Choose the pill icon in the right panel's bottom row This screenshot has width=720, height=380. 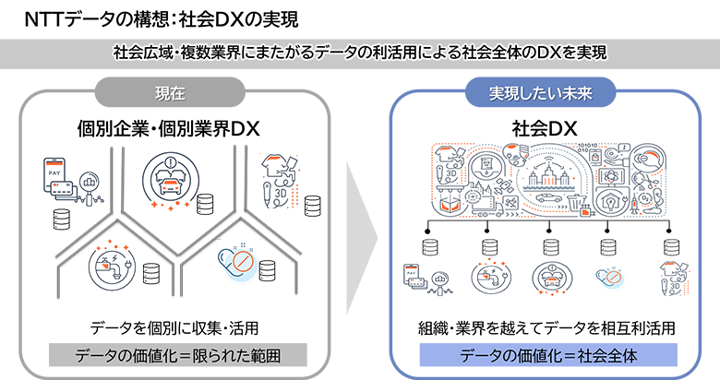606,276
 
